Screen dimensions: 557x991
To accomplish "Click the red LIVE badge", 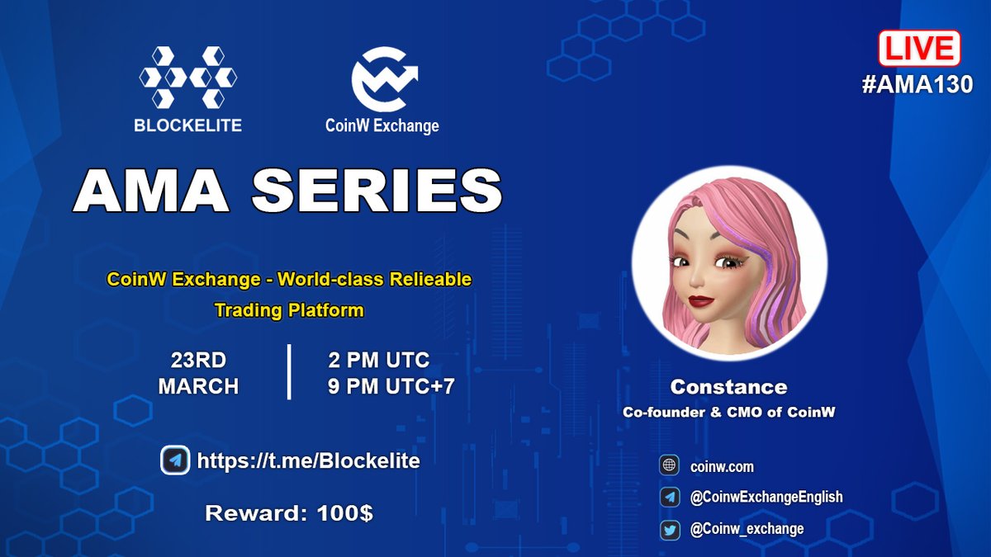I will [x=918, y=49].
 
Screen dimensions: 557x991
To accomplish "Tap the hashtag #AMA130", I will [x=918, y=84].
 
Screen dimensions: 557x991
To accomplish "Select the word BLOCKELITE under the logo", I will [x=188, y=125].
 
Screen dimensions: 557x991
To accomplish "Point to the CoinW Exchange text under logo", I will [x=382, y=126].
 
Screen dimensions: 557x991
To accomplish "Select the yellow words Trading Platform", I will [x=288, y=311].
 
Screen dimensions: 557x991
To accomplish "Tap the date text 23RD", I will [x=198, y=361].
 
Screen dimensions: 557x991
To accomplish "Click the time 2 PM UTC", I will [x=378, y=361].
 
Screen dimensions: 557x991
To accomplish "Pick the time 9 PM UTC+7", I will [x=391, y=386].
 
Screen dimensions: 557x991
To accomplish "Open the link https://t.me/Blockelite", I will [x=308, y=460].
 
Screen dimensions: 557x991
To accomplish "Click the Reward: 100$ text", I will [x=288, y=512].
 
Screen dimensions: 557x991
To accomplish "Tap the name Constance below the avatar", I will [x=728, y=387].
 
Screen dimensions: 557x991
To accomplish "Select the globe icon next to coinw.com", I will [x=669, y=466].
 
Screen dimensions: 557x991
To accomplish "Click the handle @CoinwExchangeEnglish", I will [x=766, y=497].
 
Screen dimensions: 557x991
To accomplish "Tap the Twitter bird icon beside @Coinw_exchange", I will [x=669, y=529].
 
